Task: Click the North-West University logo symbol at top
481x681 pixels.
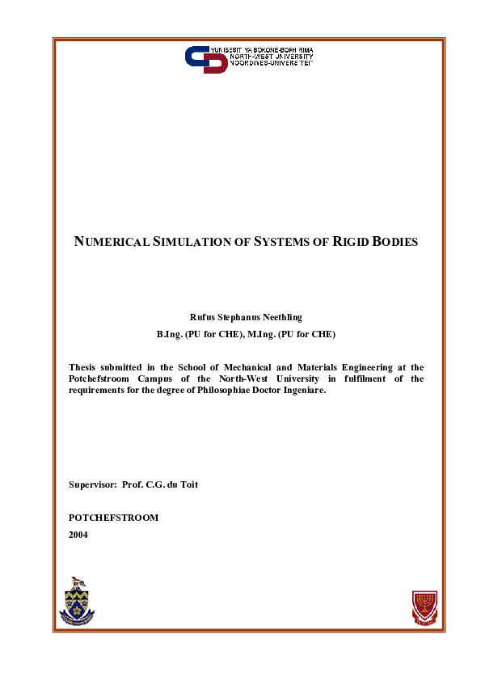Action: coord(206,59)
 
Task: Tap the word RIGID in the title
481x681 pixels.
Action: coord(353,242)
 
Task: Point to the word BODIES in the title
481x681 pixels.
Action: coord(396,242)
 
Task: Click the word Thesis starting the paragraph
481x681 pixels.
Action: coord(84,367)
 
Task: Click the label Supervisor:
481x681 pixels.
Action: coord(93,484)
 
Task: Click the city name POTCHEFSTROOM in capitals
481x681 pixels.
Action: coord(113,518)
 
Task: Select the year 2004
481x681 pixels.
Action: coord(78,535)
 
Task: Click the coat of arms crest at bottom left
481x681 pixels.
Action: coord(78,603)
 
